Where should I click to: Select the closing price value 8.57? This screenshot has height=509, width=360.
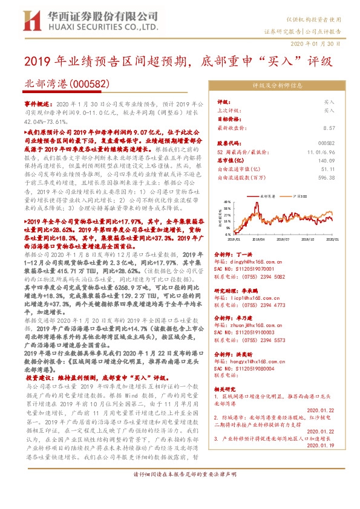pyautogui.click(x=329, y=128)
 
